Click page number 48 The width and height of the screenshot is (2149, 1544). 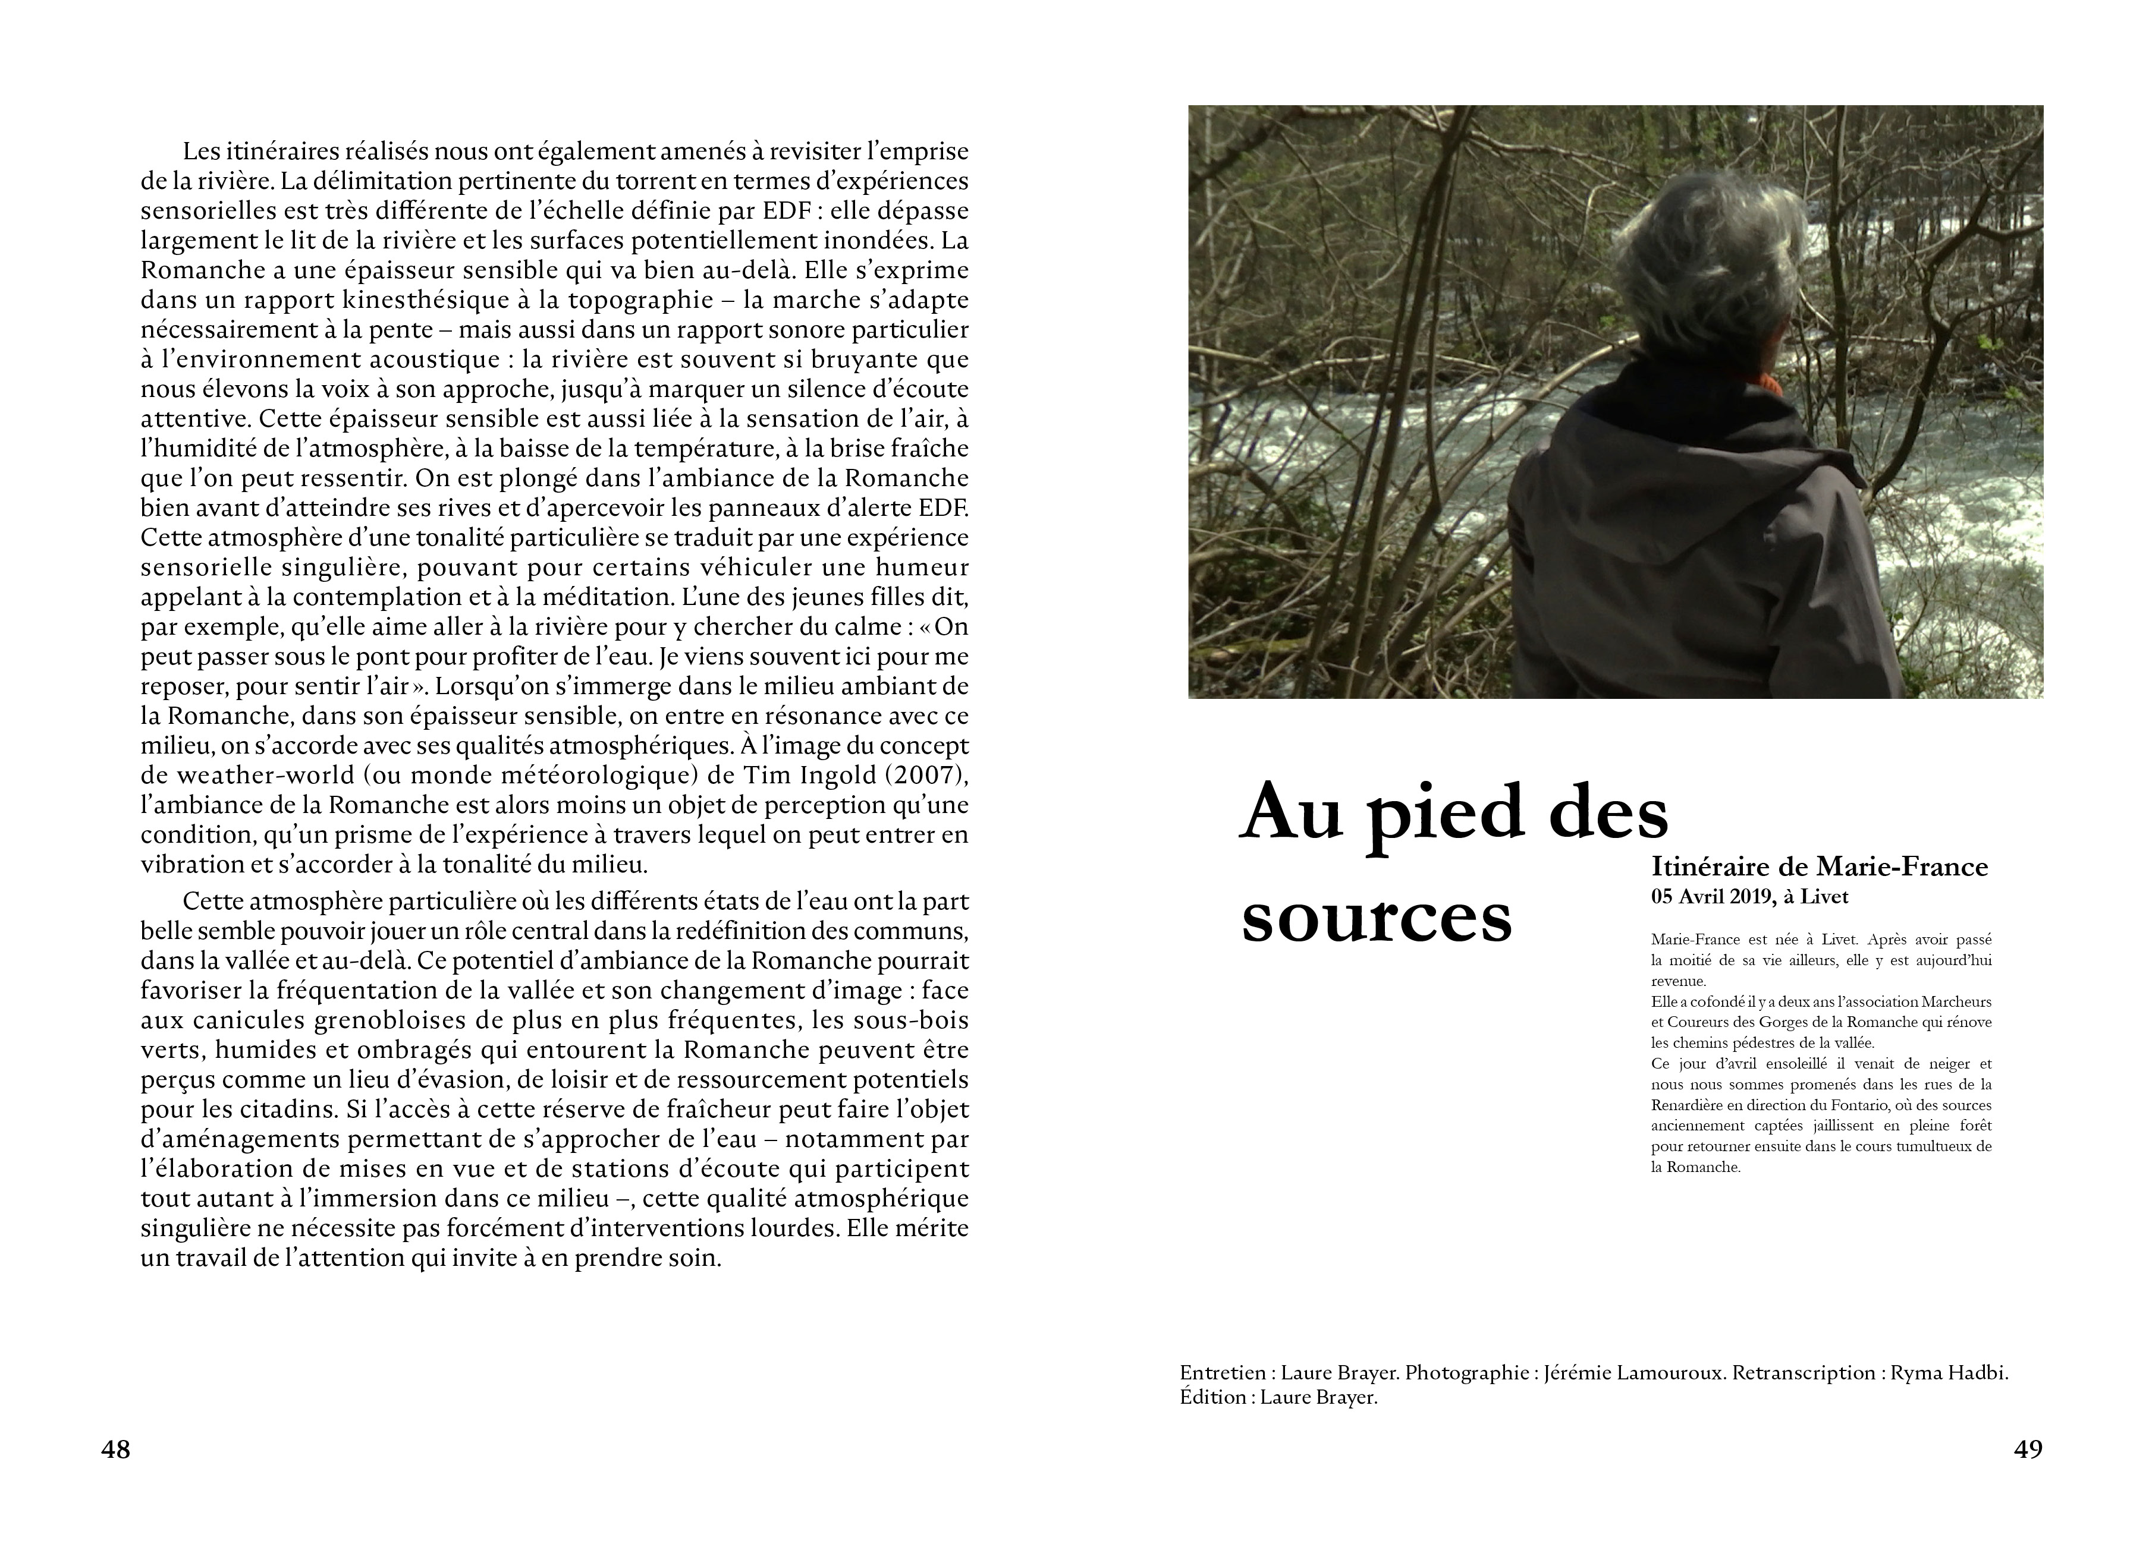click(x=115, y=1450)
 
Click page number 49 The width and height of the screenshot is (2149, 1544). click(x=2028, y=1450)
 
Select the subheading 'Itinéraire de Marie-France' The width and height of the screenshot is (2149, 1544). click(x=1819, y=866)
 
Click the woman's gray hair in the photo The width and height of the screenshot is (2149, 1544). click(x=1705, y=256)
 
